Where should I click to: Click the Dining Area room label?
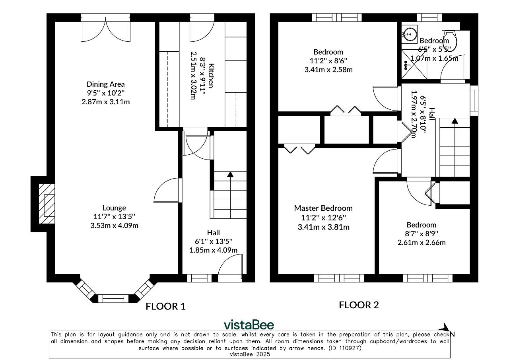tap(106, 84)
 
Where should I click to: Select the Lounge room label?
tap(114, 208)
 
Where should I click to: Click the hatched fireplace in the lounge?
tap(47, 204)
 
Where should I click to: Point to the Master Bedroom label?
tap(323, 208)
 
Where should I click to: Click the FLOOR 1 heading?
tap(166, 306)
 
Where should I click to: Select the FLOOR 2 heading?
tap(359, 305)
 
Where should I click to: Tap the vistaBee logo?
tap(249, 325)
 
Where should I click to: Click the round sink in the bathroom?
tap(410, 34)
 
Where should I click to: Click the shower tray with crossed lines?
tap(414, 64)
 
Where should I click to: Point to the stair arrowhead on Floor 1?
tap(230, 174)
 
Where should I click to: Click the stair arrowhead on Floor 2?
tap(455, 121)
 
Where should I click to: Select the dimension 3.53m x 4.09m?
tap(114, 226)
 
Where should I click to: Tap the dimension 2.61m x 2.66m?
tap(422, 243)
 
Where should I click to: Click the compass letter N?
tap(452, 334)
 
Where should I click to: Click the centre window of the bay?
tap(113, 298)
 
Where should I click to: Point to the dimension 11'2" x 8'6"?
tap(328, 61)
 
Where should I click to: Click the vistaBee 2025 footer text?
tap(250, 354)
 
